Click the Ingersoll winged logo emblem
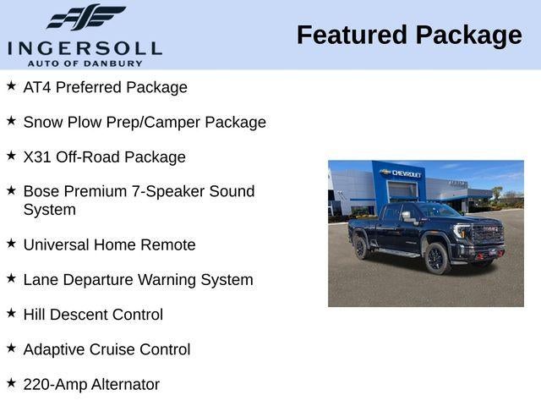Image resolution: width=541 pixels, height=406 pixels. (85, 17)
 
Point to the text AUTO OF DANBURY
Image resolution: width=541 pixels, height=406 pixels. (85, 63)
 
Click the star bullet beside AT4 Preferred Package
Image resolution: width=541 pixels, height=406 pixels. (11, 85)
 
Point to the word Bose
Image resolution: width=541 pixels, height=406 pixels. (41, 191)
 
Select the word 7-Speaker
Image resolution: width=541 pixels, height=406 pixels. (165, 191)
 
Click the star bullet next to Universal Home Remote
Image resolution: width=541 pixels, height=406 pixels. (11, 243)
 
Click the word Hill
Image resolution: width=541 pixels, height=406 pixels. (36, 315)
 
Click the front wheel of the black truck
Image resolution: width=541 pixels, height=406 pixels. (437, 259)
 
